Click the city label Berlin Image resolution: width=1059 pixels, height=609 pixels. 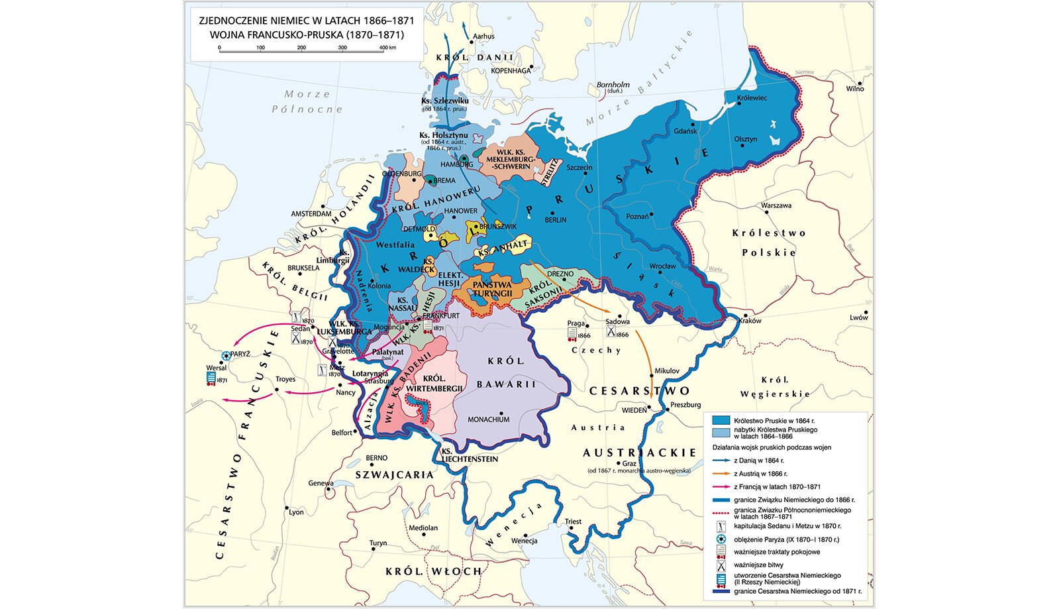click(x=555, y=219)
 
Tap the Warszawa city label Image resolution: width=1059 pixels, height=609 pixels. click(x=776, y=205)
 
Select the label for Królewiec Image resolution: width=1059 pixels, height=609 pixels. click(x=752, y=98)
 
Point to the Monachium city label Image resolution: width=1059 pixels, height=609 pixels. click(x=489, y=419)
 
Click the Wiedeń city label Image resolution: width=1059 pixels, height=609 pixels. click(x=634, y=410)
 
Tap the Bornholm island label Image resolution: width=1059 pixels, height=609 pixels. click(x=613, y=85)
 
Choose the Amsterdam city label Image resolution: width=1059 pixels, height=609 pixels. click(x=311, y=214)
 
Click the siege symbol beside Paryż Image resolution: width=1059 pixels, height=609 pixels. click(x=227, y=356)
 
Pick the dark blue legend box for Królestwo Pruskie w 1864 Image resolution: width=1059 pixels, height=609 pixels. click(x=721, y=420)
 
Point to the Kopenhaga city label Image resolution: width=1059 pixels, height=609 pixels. click(x=511, y=70)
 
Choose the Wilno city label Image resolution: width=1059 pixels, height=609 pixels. click(x=854, y=89)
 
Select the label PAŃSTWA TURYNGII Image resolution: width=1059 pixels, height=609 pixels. click(x=492, y=289)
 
